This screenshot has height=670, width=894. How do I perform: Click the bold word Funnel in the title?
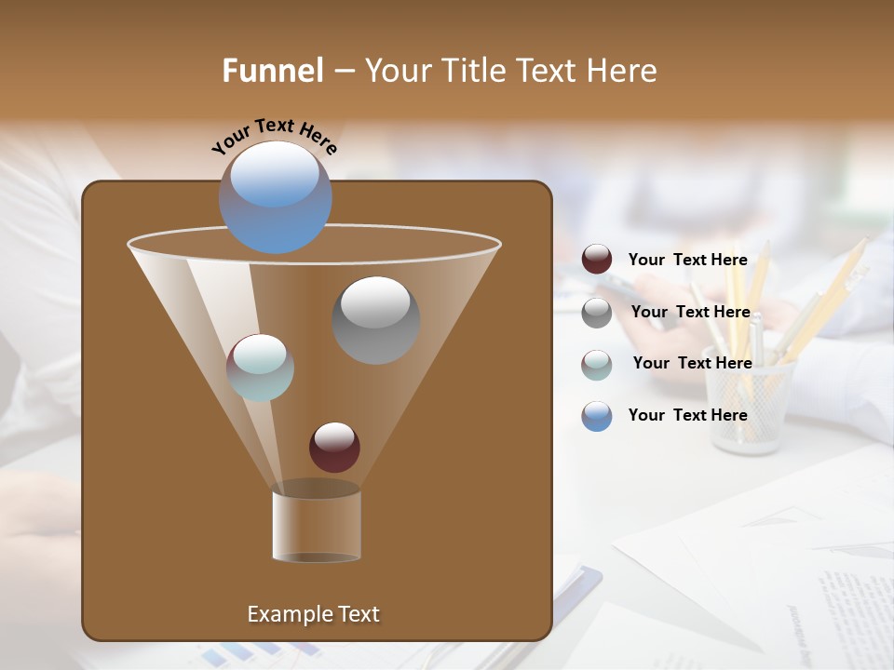pyautogui.click(x=272, y=71)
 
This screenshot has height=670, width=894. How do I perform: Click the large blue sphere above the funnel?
pyautogui.click(x=275, y=196)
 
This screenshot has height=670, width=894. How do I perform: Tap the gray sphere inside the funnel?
pyautogui.click(x=375, y=319)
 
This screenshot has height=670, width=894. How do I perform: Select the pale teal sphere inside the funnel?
pyautogui.click(x=260, y=368)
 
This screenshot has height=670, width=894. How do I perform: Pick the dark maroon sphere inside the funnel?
pyautogui.click(x=334, y=447)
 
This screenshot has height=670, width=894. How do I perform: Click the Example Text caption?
pyautogui.click(x=313, y=614)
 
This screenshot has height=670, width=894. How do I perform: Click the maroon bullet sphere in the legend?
pyautogui.click(x=596, y=260)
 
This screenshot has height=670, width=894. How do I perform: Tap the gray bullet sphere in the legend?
pyautogui.click(x=596, y=312)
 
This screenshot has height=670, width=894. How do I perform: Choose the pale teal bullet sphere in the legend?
pyautogui.click(x=596, y=364)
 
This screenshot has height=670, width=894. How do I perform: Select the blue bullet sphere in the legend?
pyautogui.click(x=596, y=415)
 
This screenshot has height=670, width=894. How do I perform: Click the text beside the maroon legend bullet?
pyautogui.click(x=687, y=261)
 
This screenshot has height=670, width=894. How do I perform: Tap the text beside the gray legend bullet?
pyautogui.click(x=690, y=313)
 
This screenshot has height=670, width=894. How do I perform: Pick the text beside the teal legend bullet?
pyautogui.click(x=692, y=364)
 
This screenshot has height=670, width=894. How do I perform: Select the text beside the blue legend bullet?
pyautogui.click(x=687, y=415)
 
